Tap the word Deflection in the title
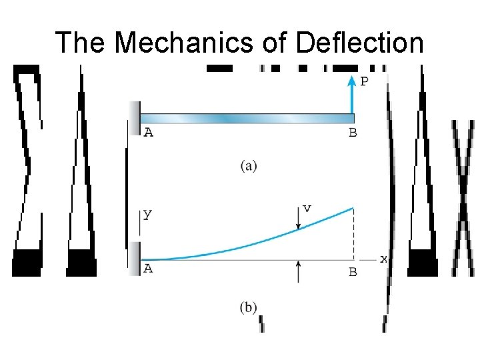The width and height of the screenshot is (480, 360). coord(359,43)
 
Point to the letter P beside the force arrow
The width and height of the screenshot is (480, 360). coord(364,82)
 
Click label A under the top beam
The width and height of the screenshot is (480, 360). coord(148,133)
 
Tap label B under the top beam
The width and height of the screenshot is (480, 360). coord(353,133)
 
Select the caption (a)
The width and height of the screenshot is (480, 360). coord(249,166)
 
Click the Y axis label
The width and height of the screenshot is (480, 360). coord(147,215)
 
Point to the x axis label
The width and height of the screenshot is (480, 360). coord(383,259)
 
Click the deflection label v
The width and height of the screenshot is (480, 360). coord(306,208)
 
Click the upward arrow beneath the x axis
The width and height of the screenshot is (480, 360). coord(298,270)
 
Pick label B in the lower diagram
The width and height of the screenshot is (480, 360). coord(353,272)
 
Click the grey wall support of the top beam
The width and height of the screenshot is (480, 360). coord(135,117)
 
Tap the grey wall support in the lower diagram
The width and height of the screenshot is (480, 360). coord(135,259)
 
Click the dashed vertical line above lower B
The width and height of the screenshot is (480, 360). coord(353,233)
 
